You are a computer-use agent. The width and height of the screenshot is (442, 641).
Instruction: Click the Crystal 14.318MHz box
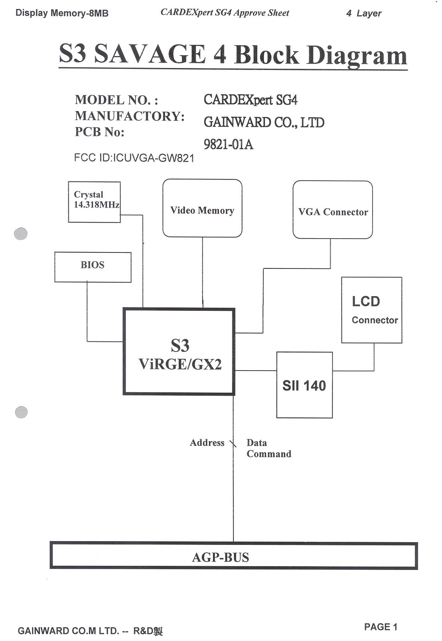[x=94, y=202]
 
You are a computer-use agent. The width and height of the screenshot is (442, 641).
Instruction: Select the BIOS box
[x=93, y=267]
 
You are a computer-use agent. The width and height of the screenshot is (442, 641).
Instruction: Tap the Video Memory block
[x=202, y=208]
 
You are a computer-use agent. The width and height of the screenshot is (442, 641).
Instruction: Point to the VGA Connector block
[x=333, y=210]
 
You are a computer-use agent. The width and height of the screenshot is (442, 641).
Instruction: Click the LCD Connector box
[x=371, y=310]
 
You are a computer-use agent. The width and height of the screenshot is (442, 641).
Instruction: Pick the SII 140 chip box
[x=304, y=385]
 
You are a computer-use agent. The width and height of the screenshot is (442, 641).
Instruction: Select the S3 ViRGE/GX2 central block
[x=179, y=352]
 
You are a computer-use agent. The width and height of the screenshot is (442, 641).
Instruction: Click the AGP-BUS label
[x=220, y=557]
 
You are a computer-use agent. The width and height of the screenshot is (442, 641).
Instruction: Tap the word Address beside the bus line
[x=207, y=443]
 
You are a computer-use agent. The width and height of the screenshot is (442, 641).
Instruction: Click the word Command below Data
[x=269, y=454]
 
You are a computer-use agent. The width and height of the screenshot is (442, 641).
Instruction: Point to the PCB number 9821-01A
[x=228, y=144]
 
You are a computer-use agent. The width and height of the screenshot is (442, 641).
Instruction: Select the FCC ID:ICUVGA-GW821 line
[x=134, y=158]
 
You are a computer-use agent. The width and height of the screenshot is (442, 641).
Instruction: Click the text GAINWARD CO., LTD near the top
[x=264, y=122]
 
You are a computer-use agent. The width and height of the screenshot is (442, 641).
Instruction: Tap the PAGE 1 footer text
[x=380, y=627]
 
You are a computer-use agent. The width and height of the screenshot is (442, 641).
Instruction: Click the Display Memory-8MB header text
[x=62, y=13]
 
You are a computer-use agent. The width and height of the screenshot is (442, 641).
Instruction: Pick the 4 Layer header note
[x=364, y=13]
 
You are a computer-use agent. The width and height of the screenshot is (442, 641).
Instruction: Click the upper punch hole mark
[x=21, y=234]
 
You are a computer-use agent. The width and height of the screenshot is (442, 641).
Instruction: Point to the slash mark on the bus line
[x=233, y=444]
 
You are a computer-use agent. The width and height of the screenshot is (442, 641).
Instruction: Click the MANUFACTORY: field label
[x=130, y=116]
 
